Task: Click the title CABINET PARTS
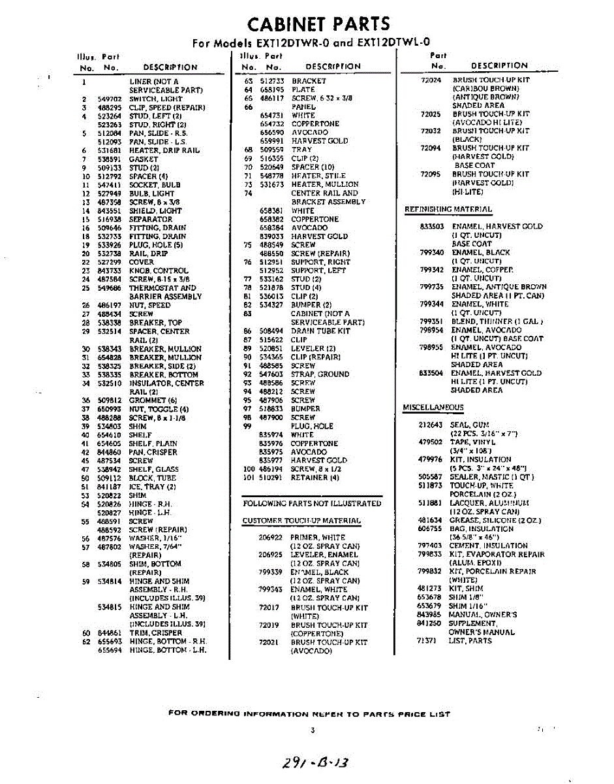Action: pos(319,24)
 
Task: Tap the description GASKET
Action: pos(144,159)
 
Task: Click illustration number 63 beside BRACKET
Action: pos(248,81)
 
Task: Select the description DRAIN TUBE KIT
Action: pos(320,331)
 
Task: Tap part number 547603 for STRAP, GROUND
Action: pos(271,374)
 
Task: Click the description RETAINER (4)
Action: pos(315,478)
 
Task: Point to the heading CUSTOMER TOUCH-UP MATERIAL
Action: pos(301,521)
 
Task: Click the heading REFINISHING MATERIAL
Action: pos(448,209)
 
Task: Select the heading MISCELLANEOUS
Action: pos(433,408)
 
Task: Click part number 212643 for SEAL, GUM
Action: pos(431,425)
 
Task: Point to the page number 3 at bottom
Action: pos(313,730)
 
